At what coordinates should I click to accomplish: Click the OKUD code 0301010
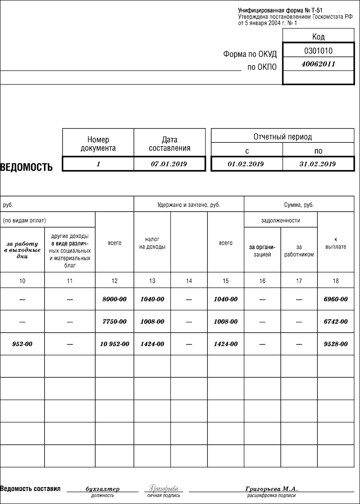tap(318, 51)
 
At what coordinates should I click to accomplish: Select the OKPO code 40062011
tap(318, 64)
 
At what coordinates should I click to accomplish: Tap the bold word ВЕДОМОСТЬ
tap(26, 167)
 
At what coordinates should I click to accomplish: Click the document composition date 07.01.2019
tap(169, 164)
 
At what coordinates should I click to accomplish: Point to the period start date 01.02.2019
tap(246, 164)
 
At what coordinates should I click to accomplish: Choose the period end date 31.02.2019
tap(317, 164)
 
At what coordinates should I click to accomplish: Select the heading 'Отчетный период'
tap(283, 137)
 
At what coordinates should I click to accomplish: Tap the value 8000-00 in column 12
tap(114, 299)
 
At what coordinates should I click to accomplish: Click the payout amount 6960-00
tap(336, 299)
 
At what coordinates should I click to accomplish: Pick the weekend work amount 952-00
tap(22, 344)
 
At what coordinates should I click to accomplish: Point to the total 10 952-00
tap(114, 344)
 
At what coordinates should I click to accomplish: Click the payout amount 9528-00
tap(336, 344)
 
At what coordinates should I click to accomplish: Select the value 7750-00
tap(114, 322)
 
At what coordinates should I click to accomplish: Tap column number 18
tap(336, 281)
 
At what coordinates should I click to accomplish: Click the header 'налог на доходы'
tap(152, 243)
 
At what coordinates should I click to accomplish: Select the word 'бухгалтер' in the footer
tap(102, 489)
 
